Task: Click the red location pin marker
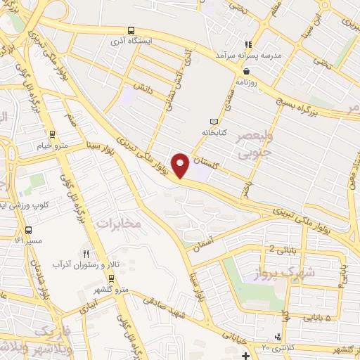(181, 165)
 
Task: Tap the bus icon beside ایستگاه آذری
(131, 31)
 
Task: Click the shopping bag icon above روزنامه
(245, 71)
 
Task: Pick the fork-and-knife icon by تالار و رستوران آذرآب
(86, 254)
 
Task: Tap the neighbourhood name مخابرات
(118, 224)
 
